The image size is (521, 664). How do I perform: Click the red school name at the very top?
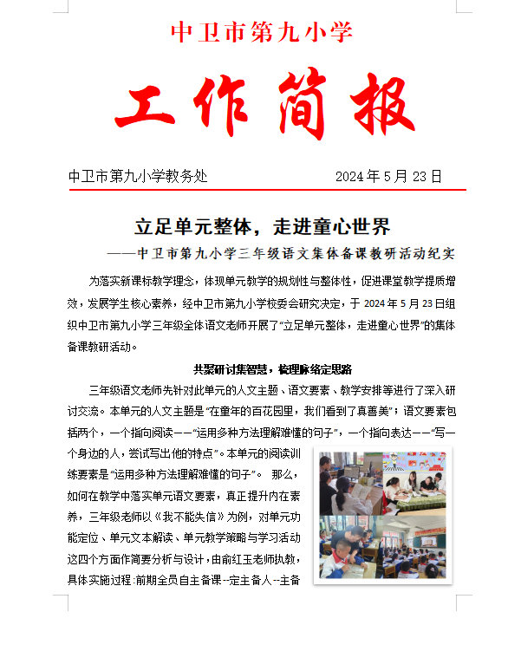coord(261,32)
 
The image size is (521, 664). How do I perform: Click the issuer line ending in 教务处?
coord(139,176)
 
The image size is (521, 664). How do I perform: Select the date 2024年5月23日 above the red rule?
coord(388,176)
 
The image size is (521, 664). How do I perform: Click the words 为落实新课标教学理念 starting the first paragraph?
coord(143,282)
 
